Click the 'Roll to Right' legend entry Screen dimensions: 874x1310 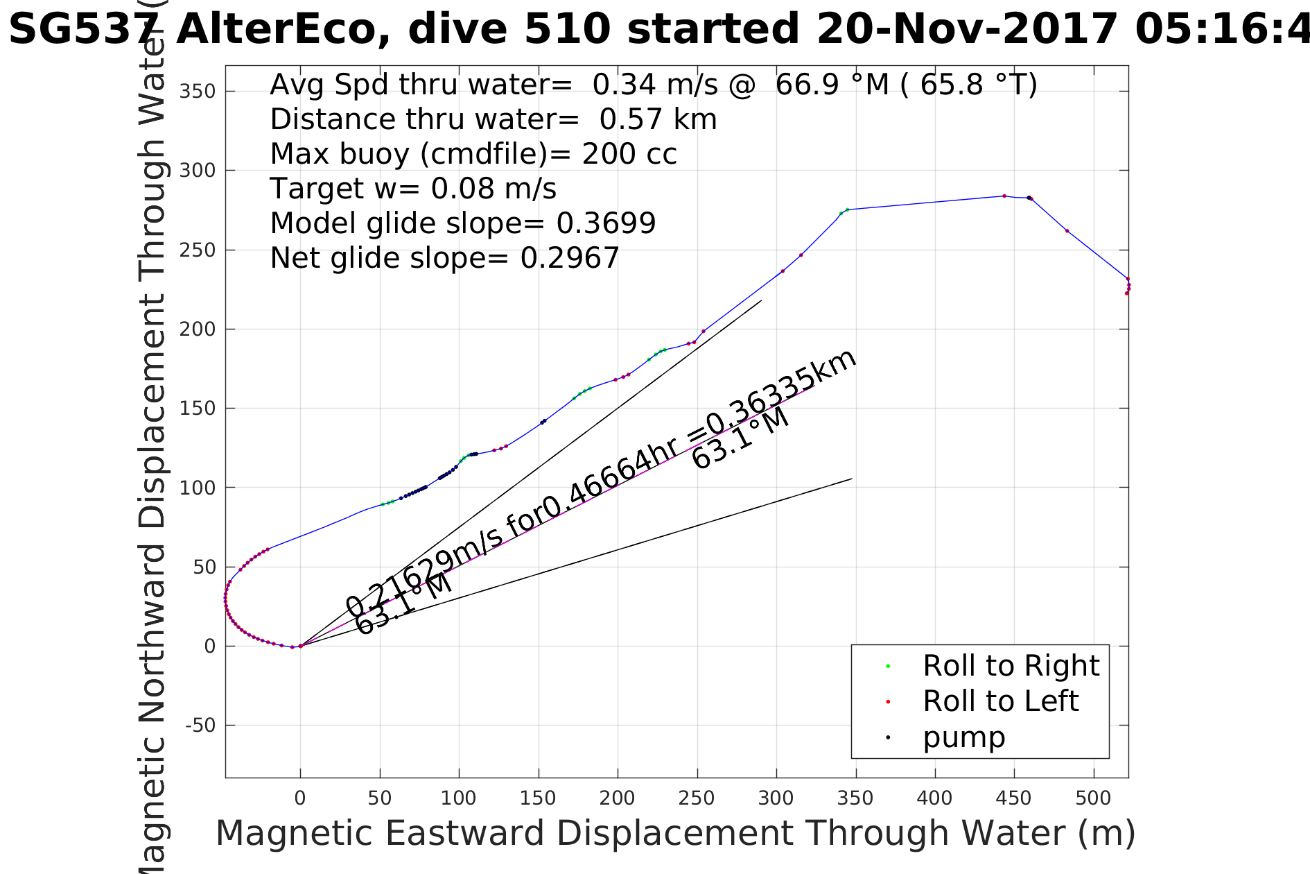click(x=1011, y=667)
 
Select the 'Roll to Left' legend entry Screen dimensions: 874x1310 click(x=1000, y=702)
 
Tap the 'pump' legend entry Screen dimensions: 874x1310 click(x=963, y=738)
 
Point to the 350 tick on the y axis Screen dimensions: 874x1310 click(x=198, y=92)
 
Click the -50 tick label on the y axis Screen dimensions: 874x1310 click(x=200, y=726)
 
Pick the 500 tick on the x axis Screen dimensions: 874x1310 click(x=1093, y=798)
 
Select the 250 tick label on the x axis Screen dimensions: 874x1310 click(x=697, y=798)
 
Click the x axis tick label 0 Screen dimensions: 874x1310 click(x=300, y=798)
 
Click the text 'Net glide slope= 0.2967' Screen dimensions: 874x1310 click(x=444, y=258)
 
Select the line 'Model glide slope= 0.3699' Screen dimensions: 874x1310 click(x=462, y=223)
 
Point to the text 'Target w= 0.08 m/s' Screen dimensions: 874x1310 click(x=413, y=189)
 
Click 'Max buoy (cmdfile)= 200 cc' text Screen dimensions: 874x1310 click(x=473, y=154)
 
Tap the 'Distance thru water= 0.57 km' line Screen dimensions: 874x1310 click(x=493, y=119)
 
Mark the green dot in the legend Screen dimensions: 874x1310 click(x=888, y=667)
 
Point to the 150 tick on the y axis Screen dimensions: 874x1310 click(x=198, y=409)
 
